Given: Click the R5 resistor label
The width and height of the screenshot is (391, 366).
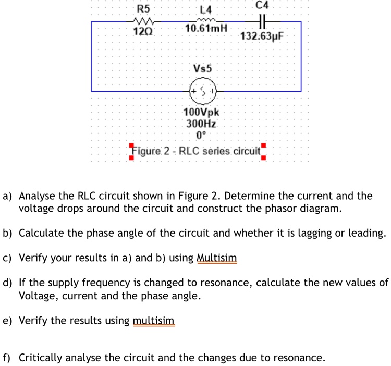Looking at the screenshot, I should coord(143,9).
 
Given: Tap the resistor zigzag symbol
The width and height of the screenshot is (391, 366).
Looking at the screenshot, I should coord(142,22).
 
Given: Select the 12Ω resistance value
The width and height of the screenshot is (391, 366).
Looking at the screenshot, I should coord(142,32).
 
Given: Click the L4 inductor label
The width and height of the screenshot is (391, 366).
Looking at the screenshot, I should coord(206,10).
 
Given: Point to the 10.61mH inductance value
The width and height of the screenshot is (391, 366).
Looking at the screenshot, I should coord(206,27).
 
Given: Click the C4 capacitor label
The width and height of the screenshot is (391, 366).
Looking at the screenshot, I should coord(263,5).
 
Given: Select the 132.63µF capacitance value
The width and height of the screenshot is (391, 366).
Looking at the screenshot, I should coord(262,36).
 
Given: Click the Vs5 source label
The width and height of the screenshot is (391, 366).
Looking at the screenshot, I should coord(202,68).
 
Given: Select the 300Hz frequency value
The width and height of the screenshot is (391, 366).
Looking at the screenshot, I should coord(202,124).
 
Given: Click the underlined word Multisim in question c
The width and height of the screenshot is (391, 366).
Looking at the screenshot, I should coord(217,258).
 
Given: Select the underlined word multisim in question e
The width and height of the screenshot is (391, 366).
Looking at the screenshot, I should coord(154,320).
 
